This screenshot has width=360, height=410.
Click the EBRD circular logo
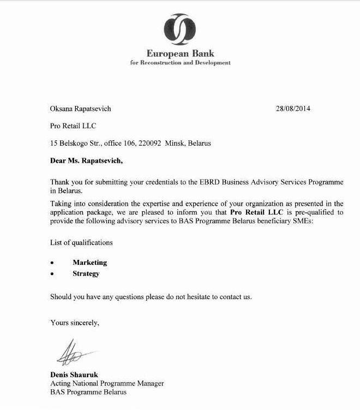tap(180, 28)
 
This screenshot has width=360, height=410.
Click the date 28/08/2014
tap(293, 109)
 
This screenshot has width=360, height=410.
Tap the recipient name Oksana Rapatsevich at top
tap(80, 109)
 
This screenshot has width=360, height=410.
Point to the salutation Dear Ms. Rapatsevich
tap(86, 161)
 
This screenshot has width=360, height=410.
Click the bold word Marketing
tap(89, 263)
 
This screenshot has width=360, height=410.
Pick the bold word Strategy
tap(86, 274)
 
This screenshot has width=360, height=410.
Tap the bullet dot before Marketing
tap(52, 263)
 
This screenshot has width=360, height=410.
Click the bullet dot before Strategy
tap(52, 274)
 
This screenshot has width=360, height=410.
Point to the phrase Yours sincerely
tap(75, 323)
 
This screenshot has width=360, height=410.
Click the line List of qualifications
tap(81, 242)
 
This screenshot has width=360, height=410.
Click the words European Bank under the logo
tap(180, 54)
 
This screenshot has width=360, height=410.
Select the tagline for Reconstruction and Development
tap(180, 63)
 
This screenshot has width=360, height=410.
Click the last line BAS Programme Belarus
tap(88, 392)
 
